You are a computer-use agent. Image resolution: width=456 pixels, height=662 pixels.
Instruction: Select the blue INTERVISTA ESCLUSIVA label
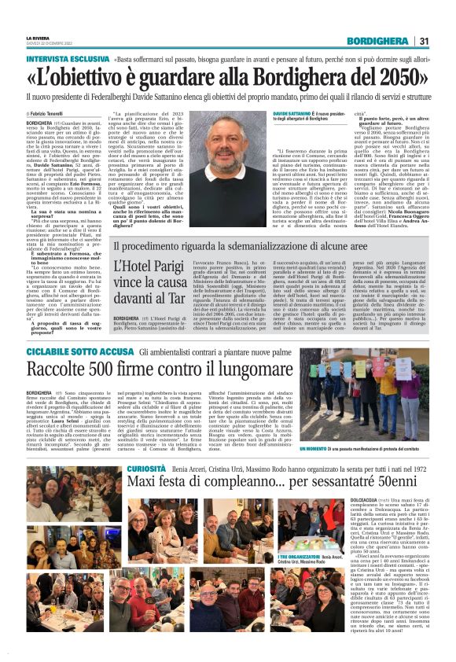point(56,59)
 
